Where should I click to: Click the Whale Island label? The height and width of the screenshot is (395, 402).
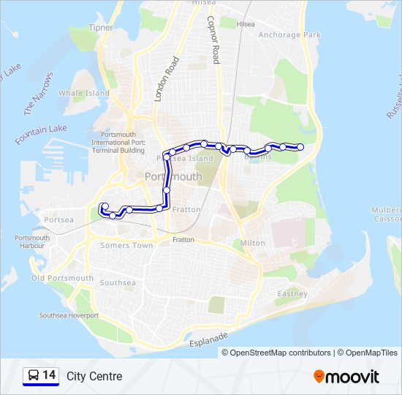pyautogui.click(x=84, y=93)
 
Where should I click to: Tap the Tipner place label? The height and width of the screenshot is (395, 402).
pyautogui.click(x=101, y=28)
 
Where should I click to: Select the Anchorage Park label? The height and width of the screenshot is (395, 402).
pyautogui.click(x=289, y=34)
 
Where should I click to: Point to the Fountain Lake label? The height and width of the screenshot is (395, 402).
pyautogui.click(x=40, y=134)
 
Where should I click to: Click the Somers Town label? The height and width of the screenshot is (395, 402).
pyautogui.click(x=126, y=246)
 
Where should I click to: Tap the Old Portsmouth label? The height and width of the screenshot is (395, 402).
pyautogui.click(x=62, y=278)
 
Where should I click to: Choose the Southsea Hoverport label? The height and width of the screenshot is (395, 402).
pyautogui.click(x=69, y=315)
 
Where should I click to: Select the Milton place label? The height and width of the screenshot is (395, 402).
pyautogui.click(x=253, y=243)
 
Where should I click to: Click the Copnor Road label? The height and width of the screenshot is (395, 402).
pyautogui.click(x=213, y=40)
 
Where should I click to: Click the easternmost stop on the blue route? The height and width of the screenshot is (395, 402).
pyautogui.click(x=300, y=147)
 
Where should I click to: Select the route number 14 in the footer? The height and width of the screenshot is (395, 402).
pyautogui.click(x=49, y=376)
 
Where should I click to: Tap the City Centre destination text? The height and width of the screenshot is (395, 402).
pyautogui.click(x=94, y=377)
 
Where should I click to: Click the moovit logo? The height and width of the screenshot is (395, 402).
pyautogui.click(x=346, y=377)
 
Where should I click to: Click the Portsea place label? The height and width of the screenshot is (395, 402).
pyautogui.click(x=58, y=219)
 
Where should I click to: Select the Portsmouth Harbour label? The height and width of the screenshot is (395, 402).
pyautogui.click(x=32, y=241)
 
